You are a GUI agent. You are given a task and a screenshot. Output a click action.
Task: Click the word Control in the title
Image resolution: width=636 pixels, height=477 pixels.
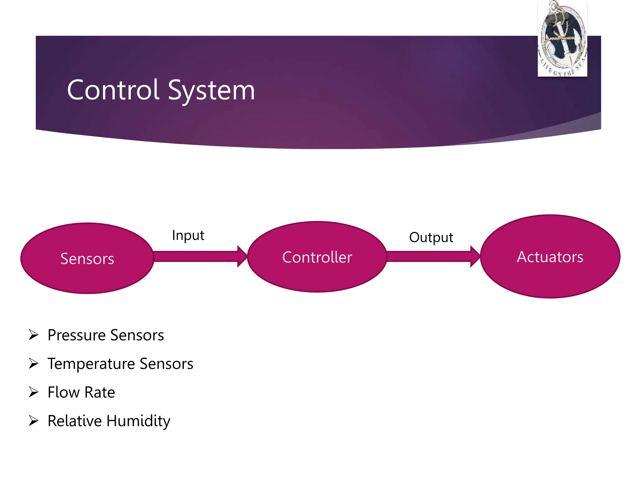pyautogui.click(x=113, y=90)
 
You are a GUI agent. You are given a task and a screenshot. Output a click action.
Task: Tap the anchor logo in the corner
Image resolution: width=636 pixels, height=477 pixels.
pyautogui.click(x=562, y=39)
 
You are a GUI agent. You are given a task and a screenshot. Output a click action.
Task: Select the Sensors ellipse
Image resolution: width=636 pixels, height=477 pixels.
pyautogui.click(x=87, y=258)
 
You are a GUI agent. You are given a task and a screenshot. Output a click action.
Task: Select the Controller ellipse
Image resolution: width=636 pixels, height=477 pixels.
pyautogui.click(x=317, y=257)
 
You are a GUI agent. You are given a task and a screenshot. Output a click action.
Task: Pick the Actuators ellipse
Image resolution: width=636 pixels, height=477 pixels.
pyautogui.click(x=550, y=257)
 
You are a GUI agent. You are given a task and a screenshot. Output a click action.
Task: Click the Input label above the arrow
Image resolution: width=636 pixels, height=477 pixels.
pyautogui.click(x=188, y=235)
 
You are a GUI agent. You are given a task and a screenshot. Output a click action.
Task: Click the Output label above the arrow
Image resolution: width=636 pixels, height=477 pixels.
pyautogui.click(x=431, y=238)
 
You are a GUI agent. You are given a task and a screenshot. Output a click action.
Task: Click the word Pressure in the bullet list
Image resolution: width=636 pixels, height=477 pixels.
pyautogui.click(x=76, y=335)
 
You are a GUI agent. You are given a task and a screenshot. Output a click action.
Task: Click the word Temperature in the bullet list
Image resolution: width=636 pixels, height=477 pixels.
pyautogui.click(x=91, y=364)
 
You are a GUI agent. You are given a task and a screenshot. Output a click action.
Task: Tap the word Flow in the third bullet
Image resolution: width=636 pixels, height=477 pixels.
pyautogui.click(x=64, y=392)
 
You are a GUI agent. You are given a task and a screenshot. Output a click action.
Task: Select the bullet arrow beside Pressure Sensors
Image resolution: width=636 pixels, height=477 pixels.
pyautogui.click(x=34, y=335)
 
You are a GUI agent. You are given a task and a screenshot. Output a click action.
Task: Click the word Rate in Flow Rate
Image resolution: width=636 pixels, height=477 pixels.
pyautogui.click(x=99, y=392)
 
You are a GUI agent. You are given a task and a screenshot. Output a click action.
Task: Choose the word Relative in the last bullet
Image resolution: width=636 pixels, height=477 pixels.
pyautogui.click(x=75, y=421)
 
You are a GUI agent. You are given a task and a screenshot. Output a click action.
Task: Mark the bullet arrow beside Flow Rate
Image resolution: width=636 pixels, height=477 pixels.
pyautogui.click(x=34, y=392)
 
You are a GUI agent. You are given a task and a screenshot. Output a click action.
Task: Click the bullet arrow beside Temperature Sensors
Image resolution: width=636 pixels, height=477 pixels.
pyautogui.click(x=34, y=363)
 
